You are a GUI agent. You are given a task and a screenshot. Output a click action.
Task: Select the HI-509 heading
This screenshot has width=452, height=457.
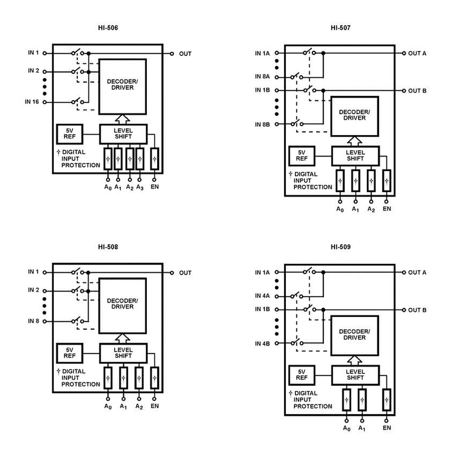pyautogui.click(x=342, y=247)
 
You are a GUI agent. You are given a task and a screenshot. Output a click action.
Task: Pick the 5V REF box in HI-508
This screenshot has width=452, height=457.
pyautogui.click(x=69, y=352)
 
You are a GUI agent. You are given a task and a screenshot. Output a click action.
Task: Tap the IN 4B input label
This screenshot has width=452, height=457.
pyautogui.click(x=263, y=343)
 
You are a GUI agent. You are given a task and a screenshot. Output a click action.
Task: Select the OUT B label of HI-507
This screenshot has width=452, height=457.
pyautogui.click(x=417, y=90)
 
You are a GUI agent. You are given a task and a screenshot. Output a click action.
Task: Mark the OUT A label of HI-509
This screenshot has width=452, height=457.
pyautogui.click(x=417, y=272)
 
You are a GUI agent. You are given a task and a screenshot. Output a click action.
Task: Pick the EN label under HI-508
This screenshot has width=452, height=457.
pyautogui.click(x=155, y=406)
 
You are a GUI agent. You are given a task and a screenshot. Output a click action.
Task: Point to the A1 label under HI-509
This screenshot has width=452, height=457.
pyautogui.click(x=362, y=428)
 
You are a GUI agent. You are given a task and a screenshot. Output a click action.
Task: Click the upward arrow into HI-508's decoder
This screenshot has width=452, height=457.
pyautogui.click(x=123, y=338)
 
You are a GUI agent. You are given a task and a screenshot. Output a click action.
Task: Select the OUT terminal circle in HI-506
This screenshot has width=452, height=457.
pyautogui.click(x=172, y=54)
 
